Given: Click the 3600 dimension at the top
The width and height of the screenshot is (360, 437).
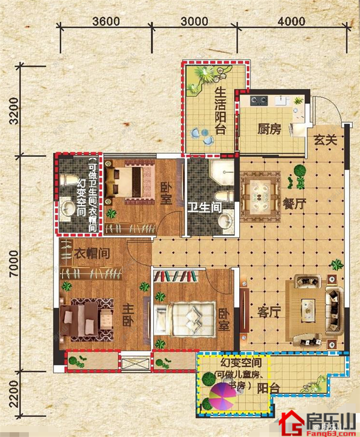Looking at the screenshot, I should tap(107, 21).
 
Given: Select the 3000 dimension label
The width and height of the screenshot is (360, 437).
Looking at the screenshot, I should tap(195, 21).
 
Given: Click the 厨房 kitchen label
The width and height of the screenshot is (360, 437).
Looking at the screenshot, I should tap(269, 129).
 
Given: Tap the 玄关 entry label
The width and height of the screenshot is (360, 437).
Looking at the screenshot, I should tap(325, 140).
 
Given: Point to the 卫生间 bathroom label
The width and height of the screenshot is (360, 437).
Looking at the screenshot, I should tap(204, 208).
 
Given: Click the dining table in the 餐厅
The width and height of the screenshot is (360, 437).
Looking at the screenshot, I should tap(259, 193).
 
